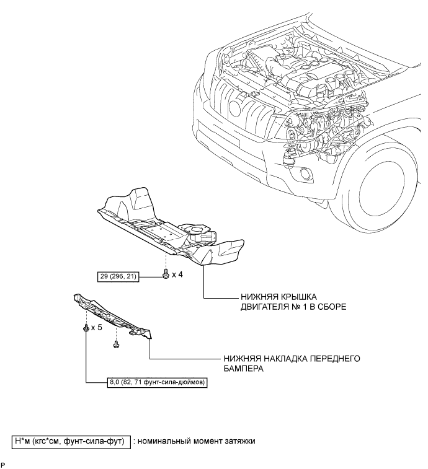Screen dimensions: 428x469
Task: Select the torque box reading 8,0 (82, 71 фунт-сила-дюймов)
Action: pos(157,382)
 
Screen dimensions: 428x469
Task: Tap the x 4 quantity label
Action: pos(177,274)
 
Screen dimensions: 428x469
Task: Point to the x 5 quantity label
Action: pos(97,328)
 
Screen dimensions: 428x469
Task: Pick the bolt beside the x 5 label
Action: pos(86,328)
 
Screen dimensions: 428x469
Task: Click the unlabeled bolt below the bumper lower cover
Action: pos(116,344)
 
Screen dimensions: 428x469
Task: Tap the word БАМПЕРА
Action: pos(244,368)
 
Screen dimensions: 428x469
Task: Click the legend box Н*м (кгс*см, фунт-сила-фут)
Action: pos(71,442)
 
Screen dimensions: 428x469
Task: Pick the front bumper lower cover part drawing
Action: pos(113,317)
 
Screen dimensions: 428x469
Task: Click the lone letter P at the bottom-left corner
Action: pos(2,465)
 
